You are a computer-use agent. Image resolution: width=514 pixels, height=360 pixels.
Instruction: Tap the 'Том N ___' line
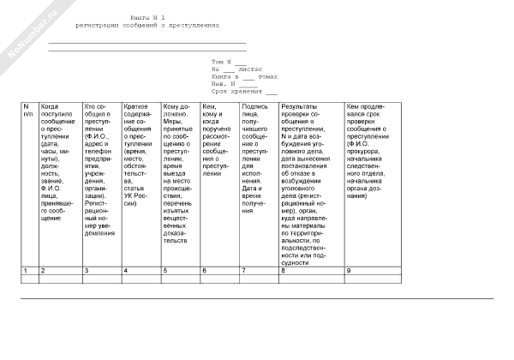[x=229, y=62]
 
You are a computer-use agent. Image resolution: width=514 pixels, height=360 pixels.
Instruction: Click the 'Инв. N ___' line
[x=229, y=84]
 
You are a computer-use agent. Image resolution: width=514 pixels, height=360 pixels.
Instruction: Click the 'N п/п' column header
[x=28, y=109]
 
